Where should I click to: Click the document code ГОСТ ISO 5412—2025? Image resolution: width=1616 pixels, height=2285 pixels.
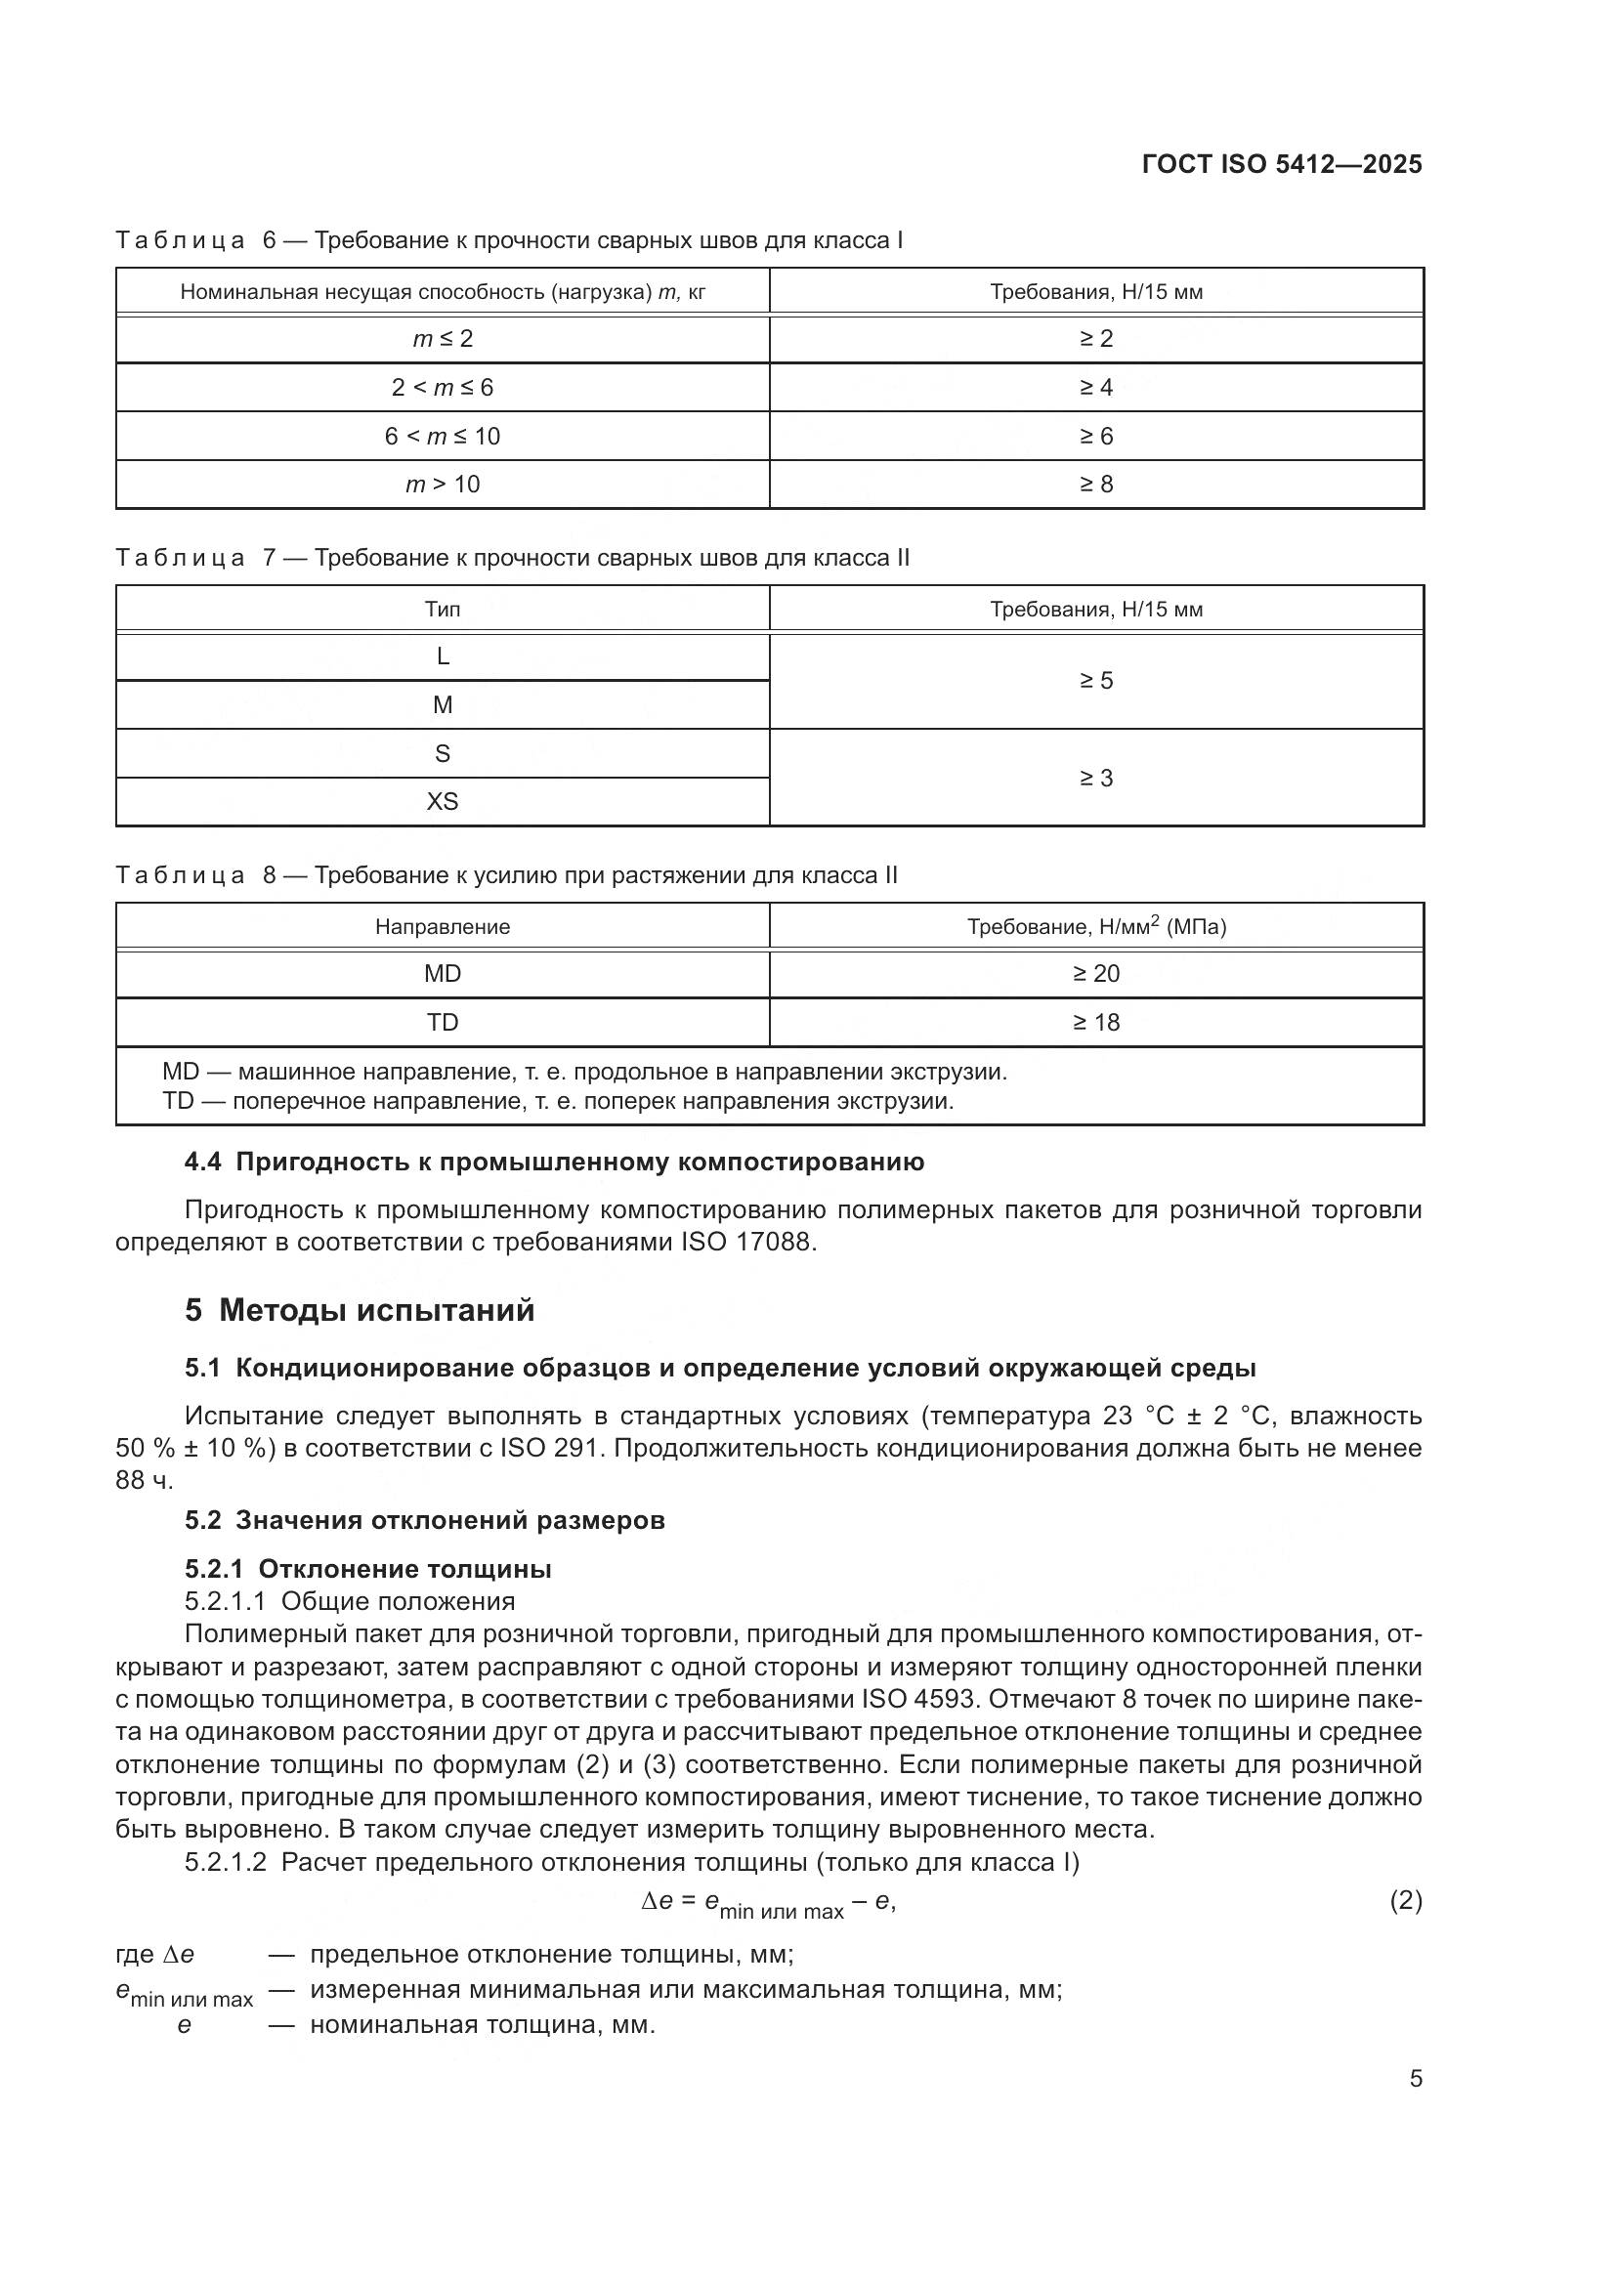tap(1282, 164)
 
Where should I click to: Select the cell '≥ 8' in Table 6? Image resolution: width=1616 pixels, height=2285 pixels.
tap(1095, 485)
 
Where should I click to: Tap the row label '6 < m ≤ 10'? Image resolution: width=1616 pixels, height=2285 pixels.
tap(442, 436)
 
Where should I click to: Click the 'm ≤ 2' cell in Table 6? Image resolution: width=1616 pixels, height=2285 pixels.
tap(442, 339)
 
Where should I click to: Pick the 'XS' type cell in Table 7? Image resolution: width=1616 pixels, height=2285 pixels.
tap(442, 801)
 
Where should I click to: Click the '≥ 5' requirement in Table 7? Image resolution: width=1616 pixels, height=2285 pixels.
tap(1095, 681)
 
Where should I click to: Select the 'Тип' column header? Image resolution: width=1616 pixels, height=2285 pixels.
tap(442, 609)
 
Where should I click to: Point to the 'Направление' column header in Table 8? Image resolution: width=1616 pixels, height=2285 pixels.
tap(442, 926)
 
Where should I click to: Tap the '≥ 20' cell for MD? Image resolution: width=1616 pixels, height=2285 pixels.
tap(1095, 973)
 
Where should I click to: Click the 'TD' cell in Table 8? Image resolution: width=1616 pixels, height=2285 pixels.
tap(442, 1022)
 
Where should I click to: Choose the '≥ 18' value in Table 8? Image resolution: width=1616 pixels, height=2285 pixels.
tap(1095, 1022)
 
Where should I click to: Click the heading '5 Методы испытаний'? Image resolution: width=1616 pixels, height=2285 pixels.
tap(360, 1311)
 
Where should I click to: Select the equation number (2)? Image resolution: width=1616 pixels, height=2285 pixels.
tap(1405, 1901)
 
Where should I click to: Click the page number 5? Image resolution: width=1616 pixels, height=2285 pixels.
tap(1415, 2079)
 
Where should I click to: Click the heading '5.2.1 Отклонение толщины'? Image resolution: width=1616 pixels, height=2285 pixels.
tap(368, 1570)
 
